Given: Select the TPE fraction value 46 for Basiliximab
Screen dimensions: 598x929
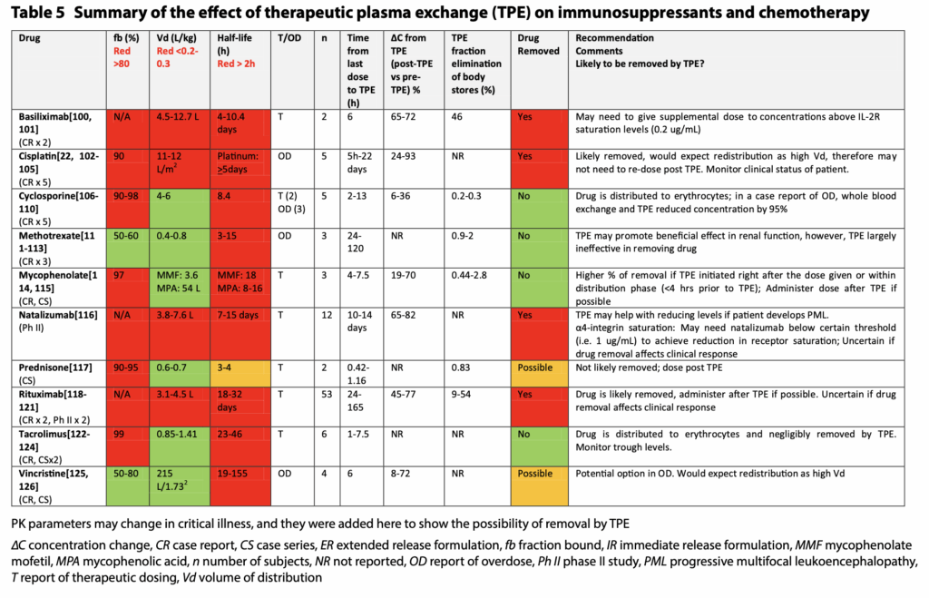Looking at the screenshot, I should click(459, 117).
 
